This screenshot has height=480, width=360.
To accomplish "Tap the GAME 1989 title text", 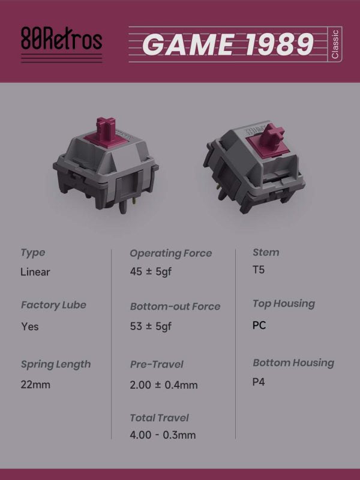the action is pyautogui.click(x=228, y=44).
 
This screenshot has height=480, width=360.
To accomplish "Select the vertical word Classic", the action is pyautogui.click(x=335, y=44).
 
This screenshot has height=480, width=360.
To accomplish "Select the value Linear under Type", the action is pyautogui.click(x=35, y=272).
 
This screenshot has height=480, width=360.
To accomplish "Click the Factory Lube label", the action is pyautogui.click(x=53, y=305).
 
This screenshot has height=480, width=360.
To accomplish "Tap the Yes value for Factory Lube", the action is pyautogui.click(x=29, y=326).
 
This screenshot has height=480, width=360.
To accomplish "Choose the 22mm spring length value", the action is pyautogui.click(x=35, y=385).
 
